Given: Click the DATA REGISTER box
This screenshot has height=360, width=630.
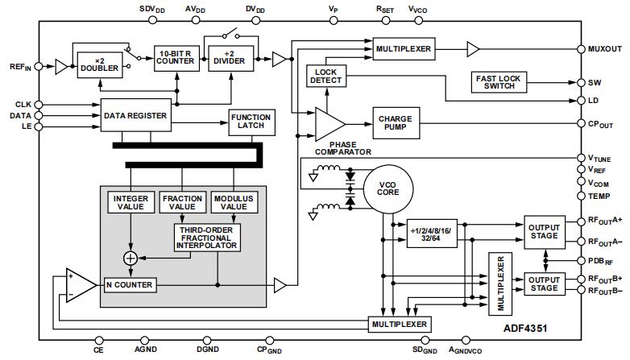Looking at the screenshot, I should [x=135, y=115].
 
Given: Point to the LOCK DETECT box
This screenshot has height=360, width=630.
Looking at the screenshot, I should [x=326, y=77].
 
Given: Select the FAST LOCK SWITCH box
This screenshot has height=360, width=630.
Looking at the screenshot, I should [x=499, y=81].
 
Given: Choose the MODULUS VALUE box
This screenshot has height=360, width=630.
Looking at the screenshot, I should [x=234, y=203].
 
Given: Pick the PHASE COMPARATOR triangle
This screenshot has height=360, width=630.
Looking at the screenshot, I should [x=328, y=123].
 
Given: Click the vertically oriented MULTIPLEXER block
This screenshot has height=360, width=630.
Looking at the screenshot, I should [x=500, y=285].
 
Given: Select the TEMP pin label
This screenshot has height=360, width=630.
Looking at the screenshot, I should [x=599, y=196].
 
